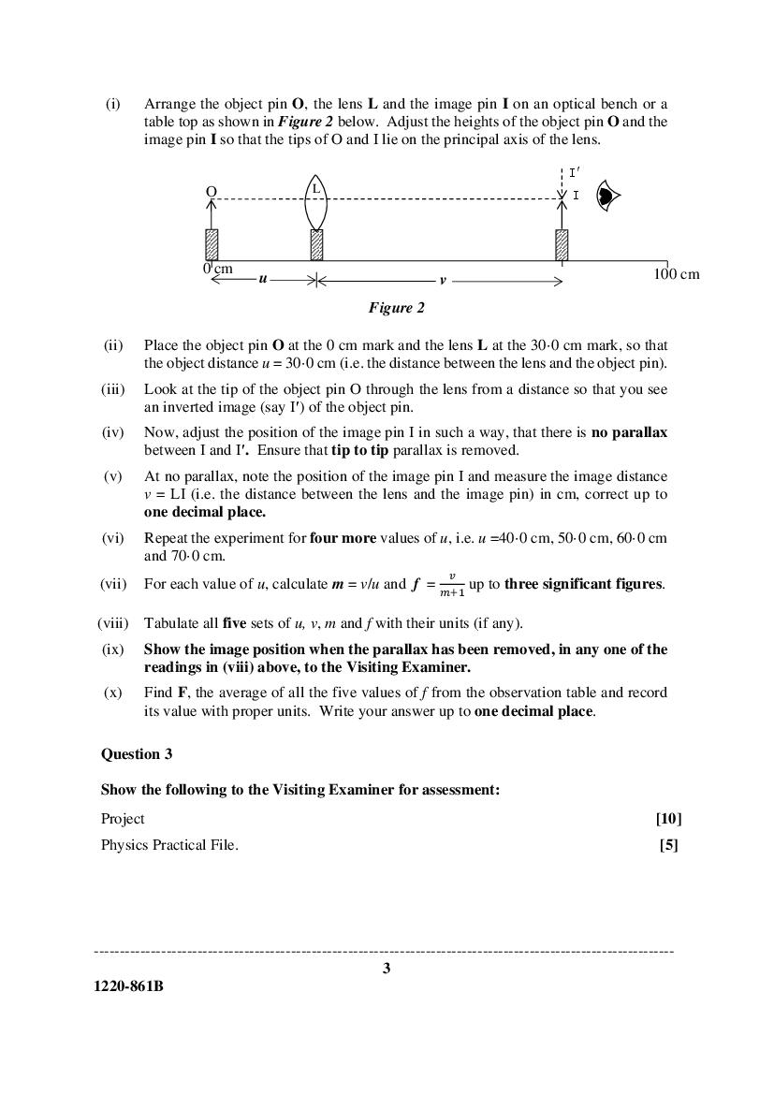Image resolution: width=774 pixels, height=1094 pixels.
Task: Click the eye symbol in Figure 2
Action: [x=608, y=197]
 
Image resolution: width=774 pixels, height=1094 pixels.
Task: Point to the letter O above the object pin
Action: [x=212, y=191]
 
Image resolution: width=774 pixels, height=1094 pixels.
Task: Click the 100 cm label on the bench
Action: [x=676, y=274]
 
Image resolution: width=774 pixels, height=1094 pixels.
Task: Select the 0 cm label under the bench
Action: [x=217, y=270]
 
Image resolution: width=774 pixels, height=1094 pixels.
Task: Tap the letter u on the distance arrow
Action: [x=263, y=279]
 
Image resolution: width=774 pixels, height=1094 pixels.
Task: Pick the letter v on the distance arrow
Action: [x=443, y=280]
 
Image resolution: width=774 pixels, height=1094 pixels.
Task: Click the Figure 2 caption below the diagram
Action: [x=396, y=308]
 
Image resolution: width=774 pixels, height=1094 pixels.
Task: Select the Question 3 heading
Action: [x=137, y=753]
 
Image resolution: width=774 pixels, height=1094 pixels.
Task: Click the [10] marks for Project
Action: [x=668, y=818]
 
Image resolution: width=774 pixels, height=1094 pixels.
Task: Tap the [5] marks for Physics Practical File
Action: [x=670, y=845]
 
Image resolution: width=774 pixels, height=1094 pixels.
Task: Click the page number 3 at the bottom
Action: [x=387, y=969]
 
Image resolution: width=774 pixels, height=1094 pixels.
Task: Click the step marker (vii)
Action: [x=113, y=584]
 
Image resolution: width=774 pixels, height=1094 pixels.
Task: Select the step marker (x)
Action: [x=113, y=693]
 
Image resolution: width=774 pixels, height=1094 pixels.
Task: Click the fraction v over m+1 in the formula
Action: [x=452, y=585]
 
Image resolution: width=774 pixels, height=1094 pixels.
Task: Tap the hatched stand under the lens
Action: [x=316, y=244]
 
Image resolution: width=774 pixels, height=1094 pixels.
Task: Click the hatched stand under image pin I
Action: [x=562, y=244]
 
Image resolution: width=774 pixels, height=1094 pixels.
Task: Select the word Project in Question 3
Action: [x=123, y=818]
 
